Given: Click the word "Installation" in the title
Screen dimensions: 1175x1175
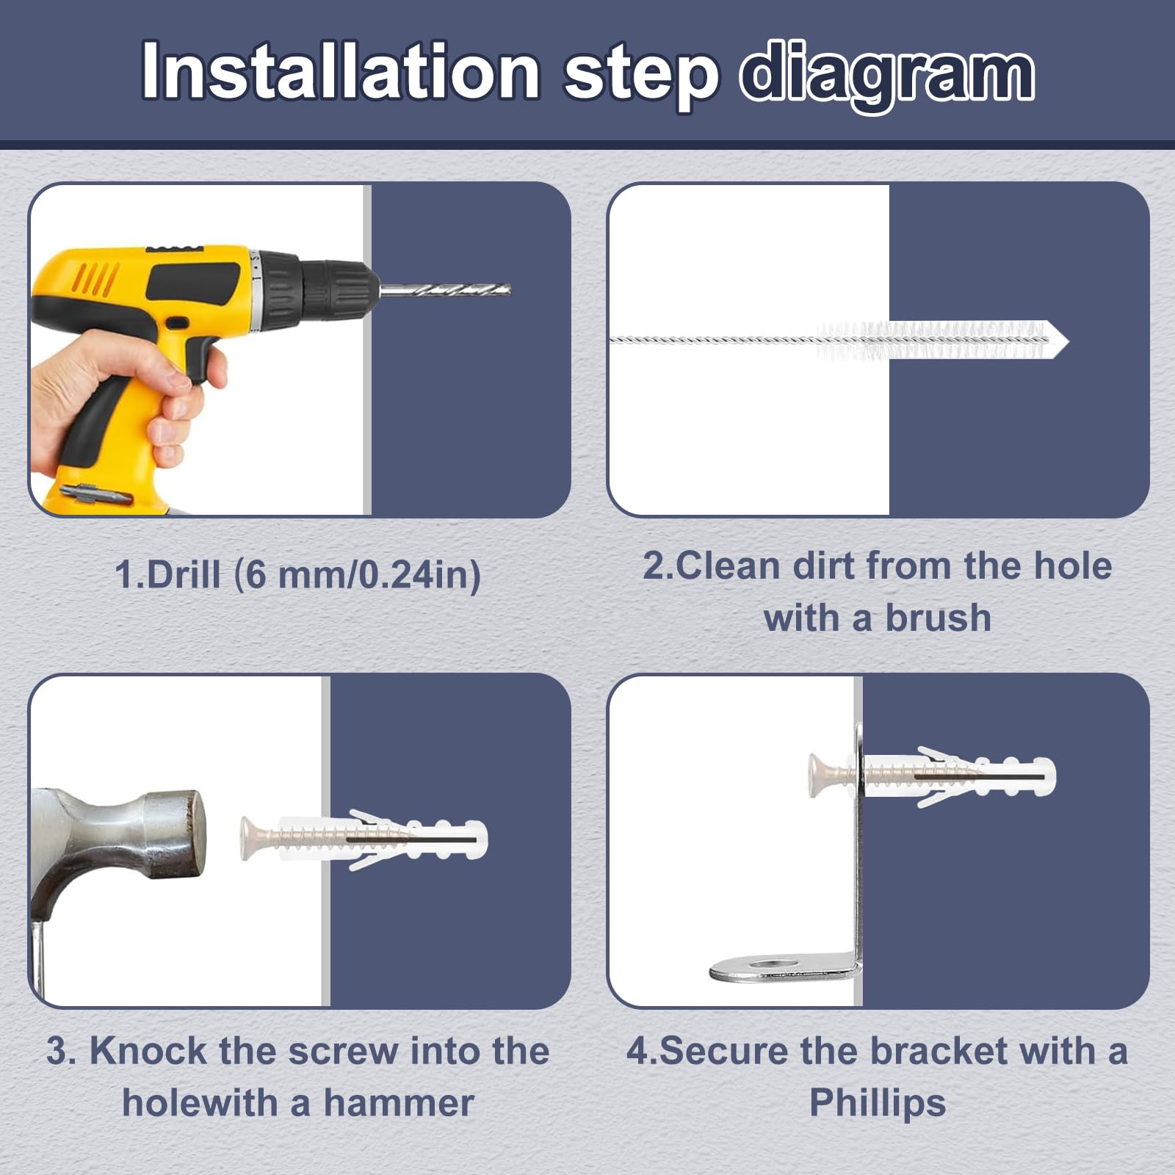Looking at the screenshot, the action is coord(341,71).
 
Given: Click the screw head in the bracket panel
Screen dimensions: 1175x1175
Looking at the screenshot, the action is coord(819,775).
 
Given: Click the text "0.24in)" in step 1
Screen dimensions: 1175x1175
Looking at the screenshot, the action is coord(419,574).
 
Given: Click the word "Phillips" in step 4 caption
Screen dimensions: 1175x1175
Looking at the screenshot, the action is coord(878,1104).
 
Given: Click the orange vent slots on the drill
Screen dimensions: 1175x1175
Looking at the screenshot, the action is coord(95,280).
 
